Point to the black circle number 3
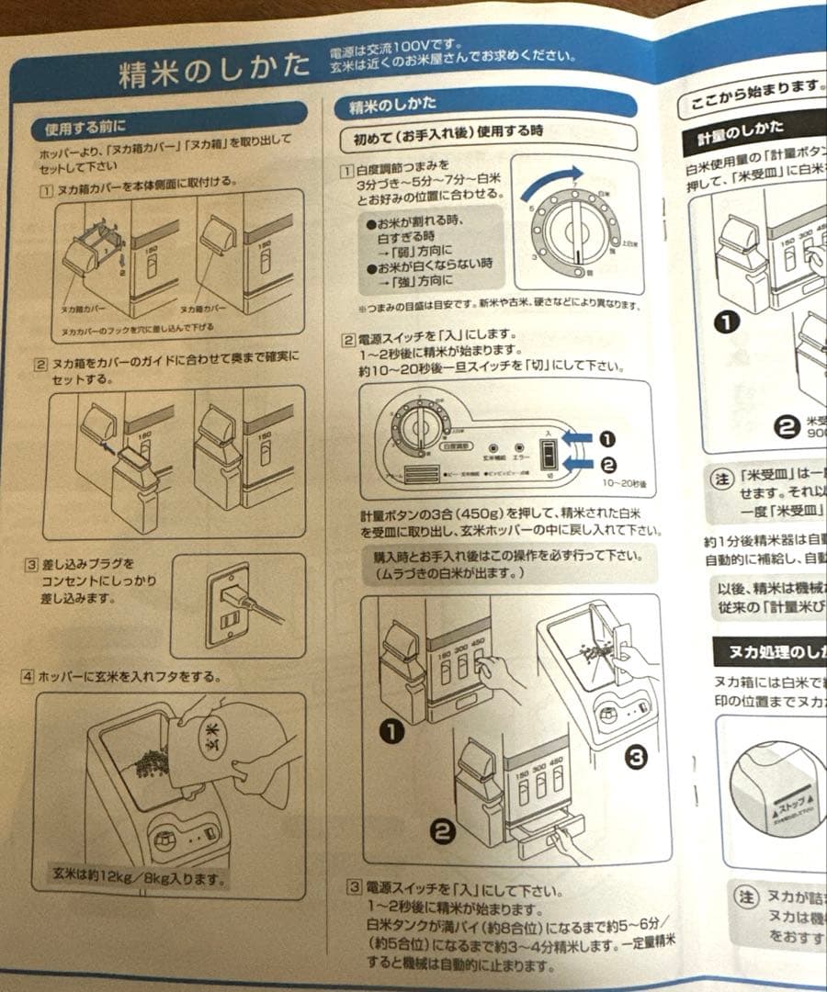click(x=637, y=756)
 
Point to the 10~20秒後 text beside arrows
click(x=629, y=481)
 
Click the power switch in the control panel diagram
click(x=548, y=454)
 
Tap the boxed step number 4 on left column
click(x=28, y=677)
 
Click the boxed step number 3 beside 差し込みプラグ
click(x=30, y=564)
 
